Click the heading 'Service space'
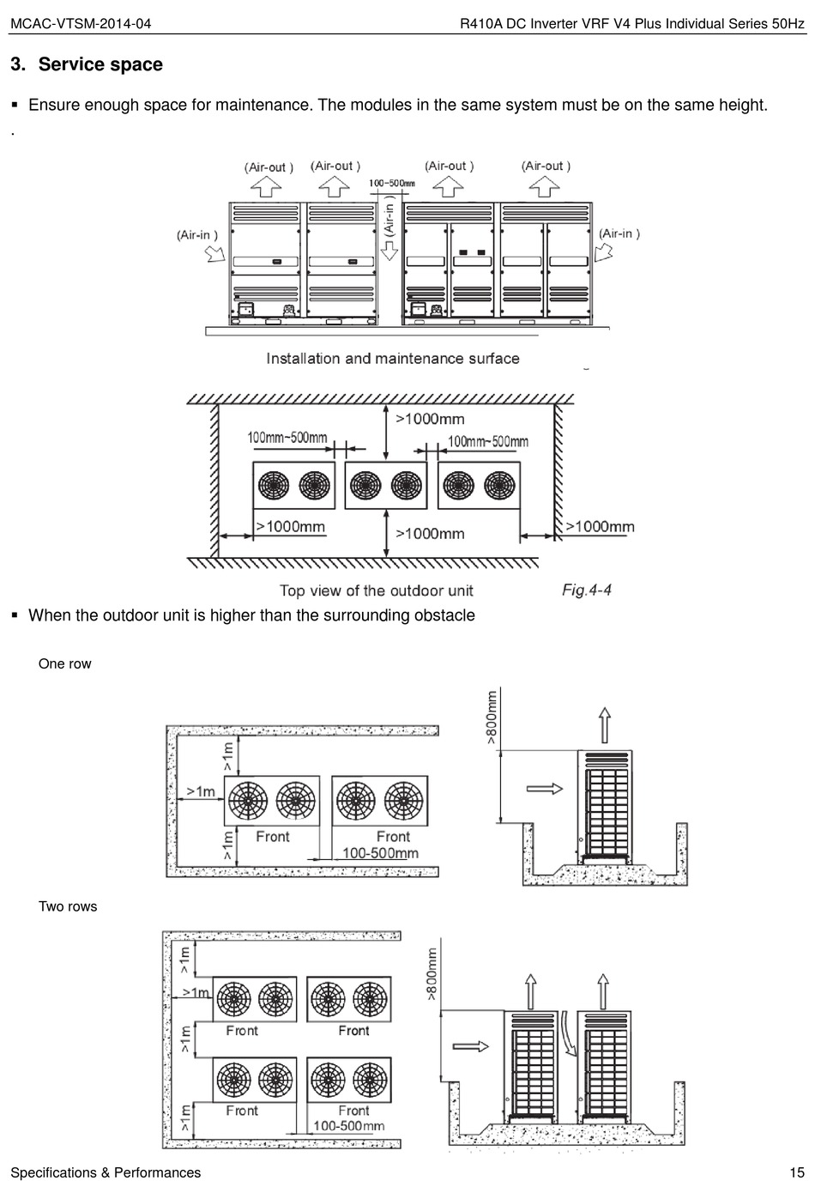100,64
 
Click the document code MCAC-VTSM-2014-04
80,23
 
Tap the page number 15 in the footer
797,1172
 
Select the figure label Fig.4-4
586,590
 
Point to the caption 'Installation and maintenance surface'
392,359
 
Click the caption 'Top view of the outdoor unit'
376,590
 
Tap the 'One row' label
64,663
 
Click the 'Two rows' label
68,906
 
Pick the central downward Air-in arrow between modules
389,250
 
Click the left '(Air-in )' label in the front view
197,235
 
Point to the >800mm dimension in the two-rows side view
432,973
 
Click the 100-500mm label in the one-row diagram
380,853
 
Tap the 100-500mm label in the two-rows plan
348,1126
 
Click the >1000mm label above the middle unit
430,419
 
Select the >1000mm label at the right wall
600,527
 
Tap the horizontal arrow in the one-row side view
544,789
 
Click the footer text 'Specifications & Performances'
106,1172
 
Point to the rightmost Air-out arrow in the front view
545,185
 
